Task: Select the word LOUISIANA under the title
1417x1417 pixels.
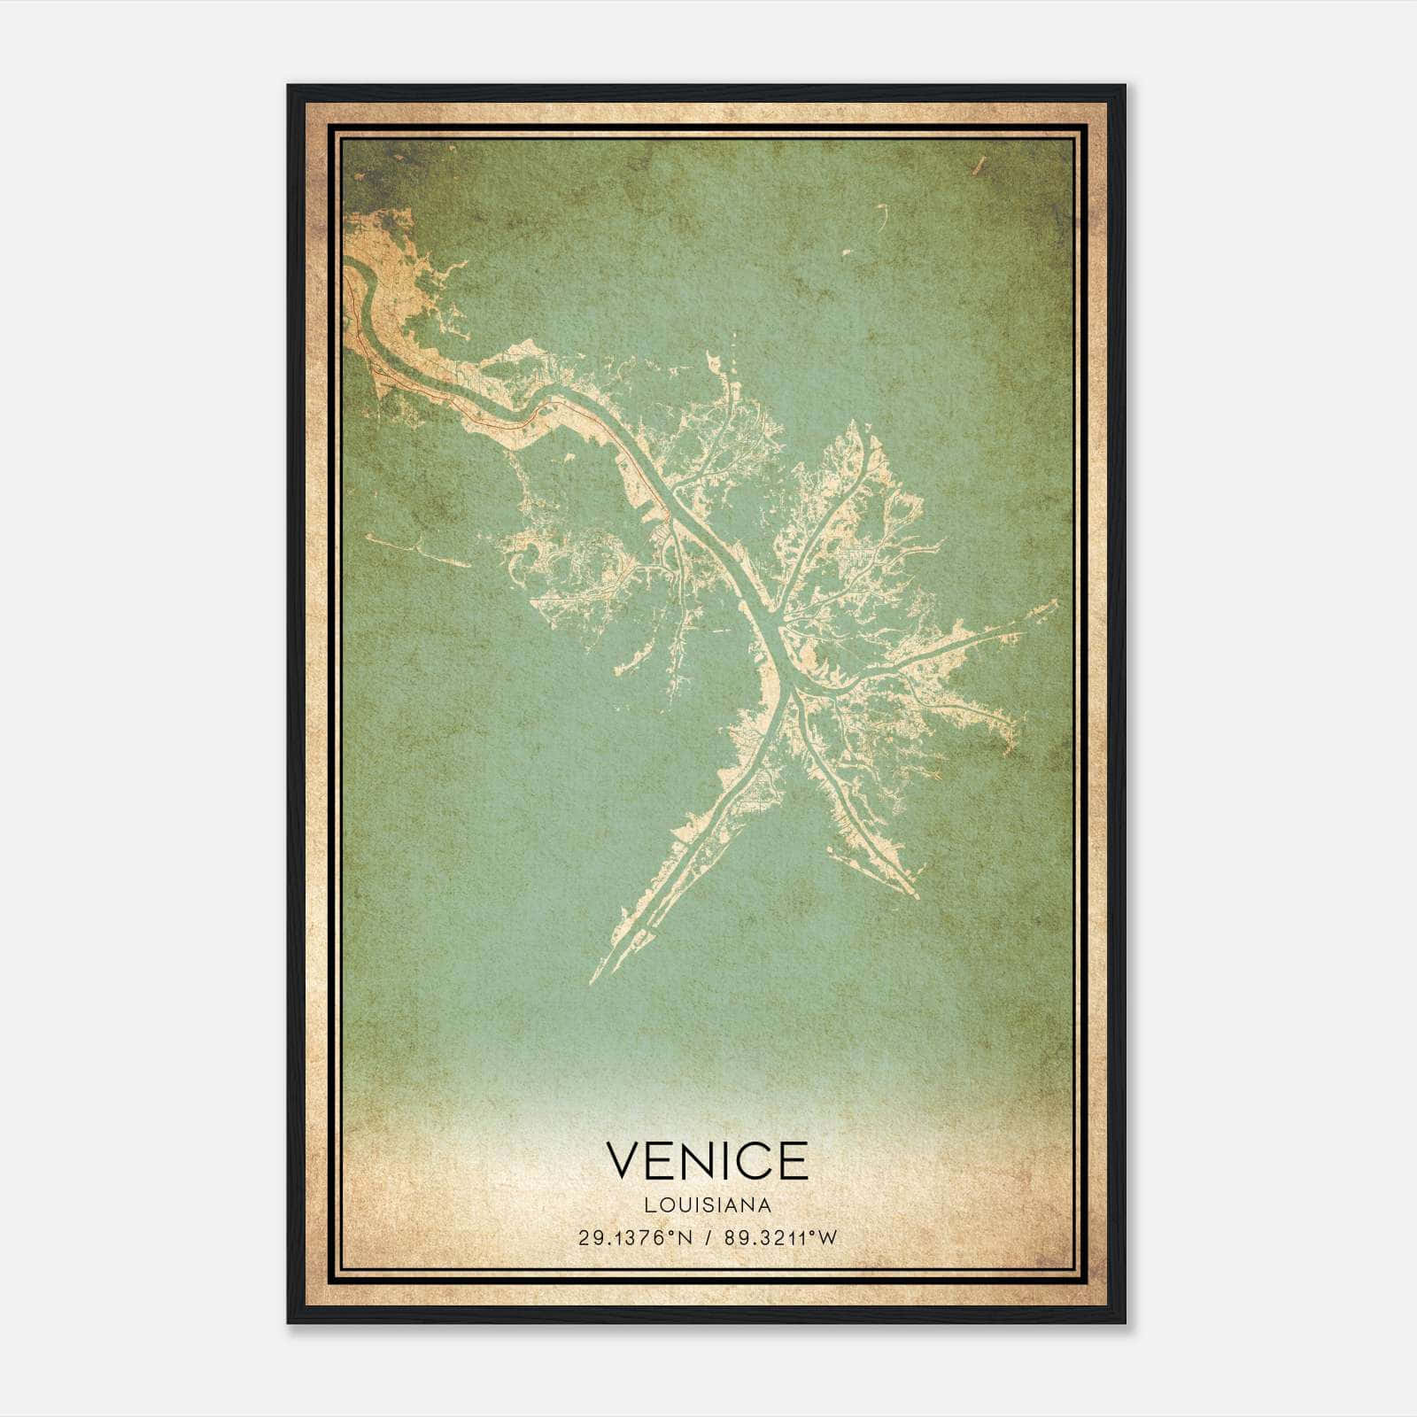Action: pos(708,1205)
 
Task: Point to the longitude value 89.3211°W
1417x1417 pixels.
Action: pos(780,1238)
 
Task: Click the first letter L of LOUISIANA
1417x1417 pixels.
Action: pos(649,1205)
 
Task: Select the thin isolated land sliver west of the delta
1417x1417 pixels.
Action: pos(416,550)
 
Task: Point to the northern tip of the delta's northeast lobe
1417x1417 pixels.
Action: pos(852,423)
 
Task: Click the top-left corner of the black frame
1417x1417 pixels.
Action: pos(289,86)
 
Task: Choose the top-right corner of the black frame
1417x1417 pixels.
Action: pos(1124,86)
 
